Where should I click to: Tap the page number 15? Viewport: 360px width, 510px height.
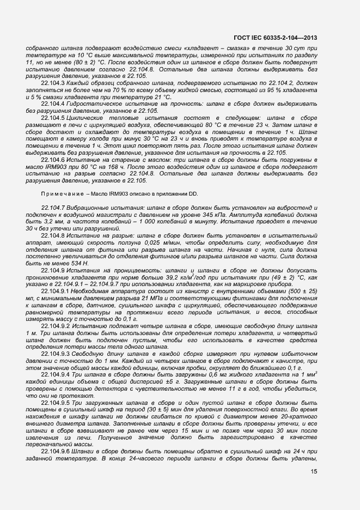(314, 471)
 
